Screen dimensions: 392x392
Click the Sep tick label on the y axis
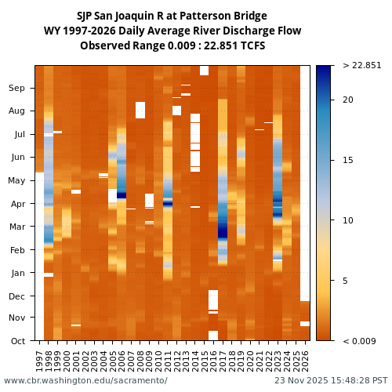[16, 88]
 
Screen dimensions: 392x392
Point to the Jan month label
[16, 273]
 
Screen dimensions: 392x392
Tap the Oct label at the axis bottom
[16, 340]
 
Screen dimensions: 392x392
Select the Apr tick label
[16, 203]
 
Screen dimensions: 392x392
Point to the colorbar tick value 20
[347, 100]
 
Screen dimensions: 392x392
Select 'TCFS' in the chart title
[252, 45]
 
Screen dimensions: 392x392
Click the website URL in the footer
[85, 380]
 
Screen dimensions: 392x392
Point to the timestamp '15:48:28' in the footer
[342, 380]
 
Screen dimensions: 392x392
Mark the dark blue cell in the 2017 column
[223, 232]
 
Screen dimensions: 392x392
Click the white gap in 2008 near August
[140, 110]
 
